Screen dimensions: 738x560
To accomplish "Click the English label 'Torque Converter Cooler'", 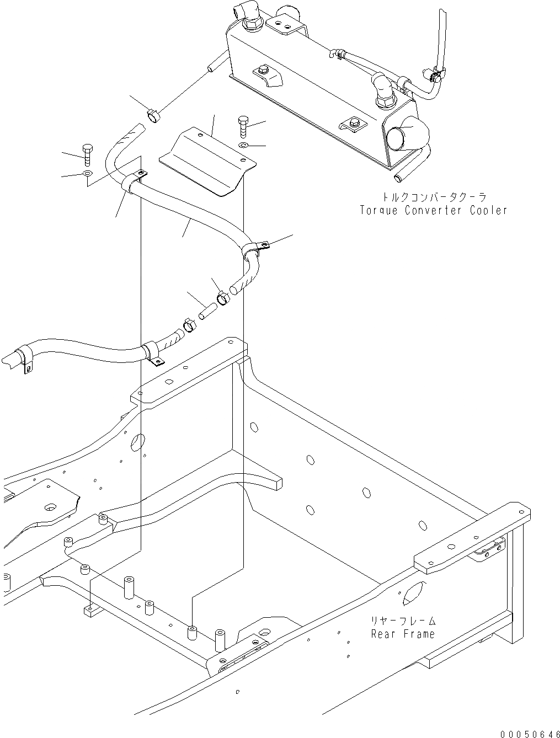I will coord(433,210).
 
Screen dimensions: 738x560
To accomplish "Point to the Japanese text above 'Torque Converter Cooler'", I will coord(433,197).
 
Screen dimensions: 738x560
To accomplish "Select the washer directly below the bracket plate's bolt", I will coord(244,145).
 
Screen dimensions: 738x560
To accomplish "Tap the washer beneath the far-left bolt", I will coord(87,174).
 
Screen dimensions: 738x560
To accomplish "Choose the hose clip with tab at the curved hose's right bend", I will coord(253,249).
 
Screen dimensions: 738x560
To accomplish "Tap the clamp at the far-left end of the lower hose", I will coord(22,357).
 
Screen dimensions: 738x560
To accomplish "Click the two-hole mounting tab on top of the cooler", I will coord(284,24).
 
